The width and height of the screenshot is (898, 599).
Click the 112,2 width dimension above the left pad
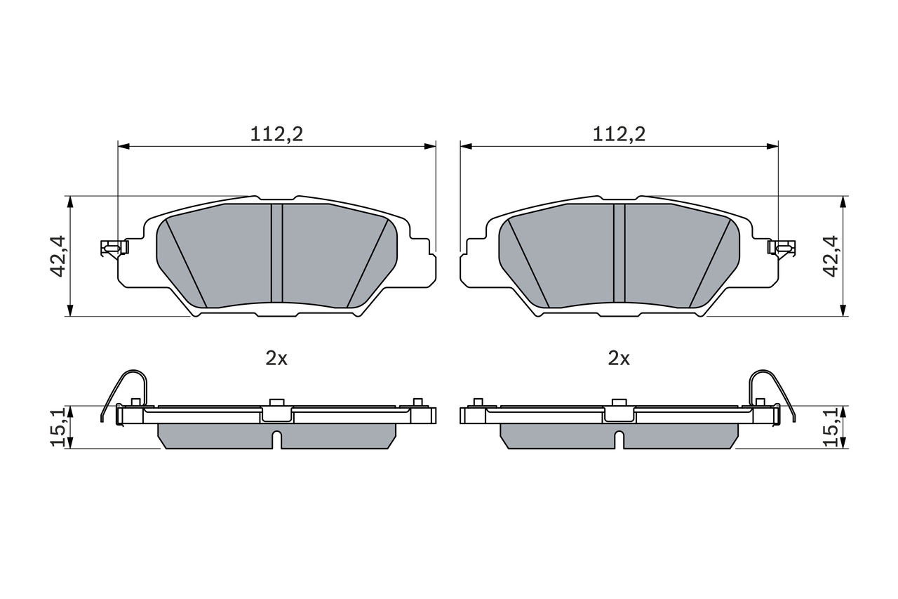[276, 134]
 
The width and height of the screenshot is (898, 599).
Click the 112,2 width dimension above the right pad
[619, 134]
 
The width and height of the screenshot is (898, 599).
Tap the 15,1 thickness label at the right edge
[832, 428]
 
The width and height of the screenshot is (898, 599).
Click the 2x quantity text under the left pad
[276, 359]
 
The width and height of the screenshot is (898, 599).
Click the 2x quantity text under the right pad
[619, 359]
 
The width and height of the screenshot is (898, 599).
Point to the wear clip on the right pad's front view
[782, 247]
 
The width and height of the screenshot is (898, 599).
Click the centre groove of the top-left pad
[276, 253]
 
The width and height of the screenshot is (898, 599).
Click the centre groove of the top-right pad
[619, 253]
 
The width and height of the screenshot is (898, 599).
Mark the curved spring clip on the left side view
[126, 390]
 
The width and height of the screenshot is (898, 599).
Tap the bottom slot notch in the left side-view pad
[276, 440]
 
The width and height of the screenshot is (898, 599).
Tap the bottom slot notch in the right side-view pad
[619, 440]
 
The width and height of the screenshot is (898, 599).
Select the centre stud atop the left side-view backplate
[276, 402]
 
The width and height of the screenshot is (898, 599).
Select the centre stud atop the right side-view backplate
[619, 402]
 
